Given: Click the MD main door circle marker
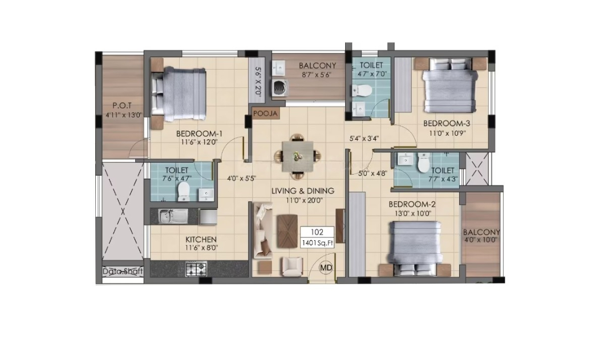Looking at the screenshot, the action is pos(326,268).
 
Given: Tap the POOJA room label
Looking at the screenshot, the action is pos(266,114).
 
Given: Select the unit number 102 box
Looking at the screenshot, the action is pos(317,232).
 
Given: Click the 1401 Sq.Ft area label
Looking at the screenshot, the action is pos(317,243).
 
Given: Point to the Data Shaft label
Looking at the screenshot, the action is pos(123,271).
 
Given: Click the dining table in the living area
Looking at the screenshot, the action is pos(297,157).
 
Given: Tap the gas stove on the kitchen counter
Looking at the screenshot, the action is pos(196,269).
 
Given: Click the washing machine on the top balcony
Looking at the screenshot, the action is pos(279,88).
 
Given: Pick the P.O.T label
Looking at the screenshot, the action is pos(122,106).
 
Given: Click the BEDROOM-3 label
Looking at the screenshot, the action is pos(447,123).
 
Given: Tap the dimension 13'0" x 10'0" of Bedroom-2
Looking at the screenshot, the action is pos(412,213).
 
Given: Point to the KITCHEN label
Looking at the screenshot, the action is pos(201,240).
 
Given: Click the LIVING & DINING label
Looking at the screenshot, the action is pos(303,191).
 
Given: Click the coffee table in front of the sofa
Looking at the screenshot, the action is pos(287,231).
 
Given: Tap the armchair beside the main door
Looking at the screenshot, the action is pos(291,266).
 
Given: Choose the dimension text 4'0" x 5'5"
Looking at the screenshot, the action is pos(242,178).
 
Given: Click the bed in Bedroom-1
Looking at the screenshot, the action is pos(179,94).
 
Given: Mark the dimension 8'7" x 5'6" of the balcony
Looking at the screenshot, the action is pos(318,74).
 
